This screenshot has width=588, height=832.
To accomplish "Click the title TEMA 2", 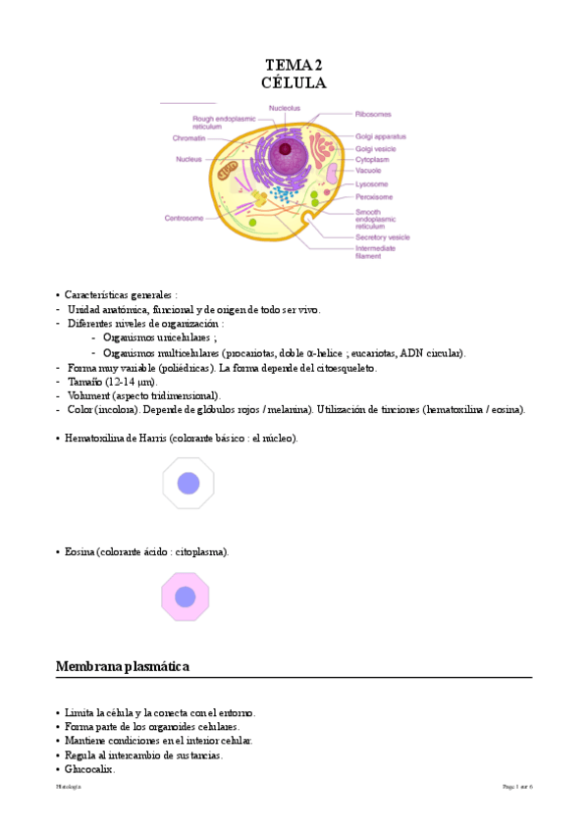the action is (294, 65).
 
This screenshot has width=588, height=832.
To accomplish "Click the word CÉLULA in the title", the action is (294, 83).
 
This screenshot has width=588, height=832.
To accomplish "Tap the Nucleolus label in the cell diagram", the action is (284, 107).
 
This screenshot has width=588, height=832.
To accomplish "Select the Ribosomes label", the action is (373, 114).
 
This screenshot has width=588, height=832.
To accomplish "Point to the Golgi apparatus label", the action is (381, 136).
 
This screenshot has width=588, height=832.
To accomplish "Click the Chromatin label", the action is (187, 138).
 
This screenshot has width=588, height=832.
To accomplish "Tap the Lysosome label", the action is (372, 183).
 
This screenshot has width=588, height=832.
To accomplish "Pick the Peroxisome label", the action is (375, 196).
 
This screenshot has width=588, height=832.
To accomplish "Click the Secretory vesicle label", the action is (382, 236).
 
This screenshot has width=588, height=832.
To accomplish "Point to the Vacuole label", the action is (370, 170).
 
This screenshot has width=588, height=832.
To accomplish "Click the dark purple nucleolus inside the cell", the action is (286, 149).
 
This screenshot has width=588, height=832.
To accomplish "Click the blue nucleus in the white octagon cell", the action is (187, 483).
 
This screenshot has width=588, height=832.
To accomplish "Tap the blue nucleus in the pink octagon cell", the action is (186, 597).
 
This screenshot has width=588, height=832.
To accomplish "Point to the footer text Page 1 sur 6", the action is (517, 787).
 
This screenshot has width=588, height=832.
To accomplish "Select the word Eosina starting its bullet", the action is (80, 552).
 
